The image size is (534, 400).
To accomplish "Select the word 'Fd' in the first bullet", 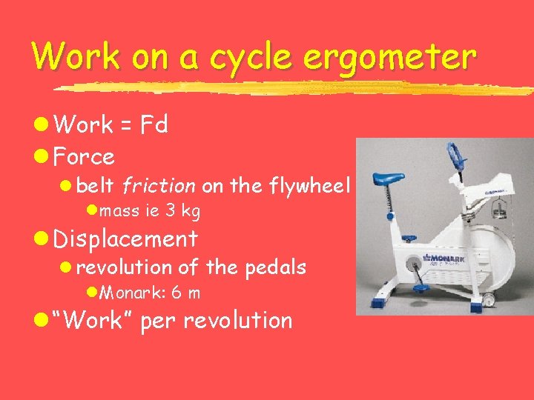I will click(x=156, y=125).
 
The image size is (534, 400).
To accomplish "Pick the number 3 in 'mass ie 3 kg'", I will click(x=170, y=211).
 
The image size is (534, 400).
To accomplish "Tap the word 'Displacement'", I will click(x=125, y=239).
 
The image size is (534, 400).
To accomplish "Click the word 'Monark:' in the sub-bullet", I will click(x=132, y=293).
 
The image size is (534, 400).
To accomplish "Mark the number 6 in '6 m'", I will click(x=177, y=293).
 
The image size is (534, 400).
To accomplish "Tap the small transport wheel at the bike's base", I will click(x=489, y=299).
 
